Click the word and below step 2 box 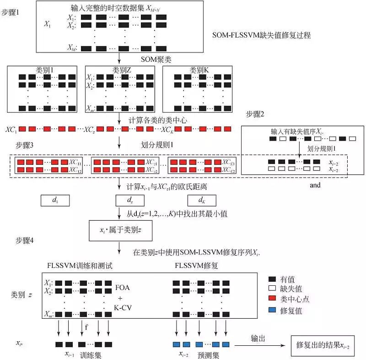[315, 185]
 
